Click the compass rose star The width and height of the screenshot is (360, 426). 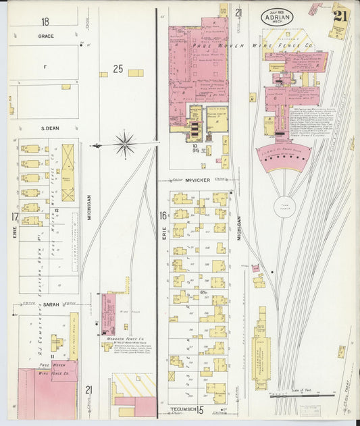pyautogui.click(x=125, y=144)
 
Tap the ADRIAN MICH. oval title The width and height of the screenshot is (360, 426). pyautogui.click(x=278, y=17)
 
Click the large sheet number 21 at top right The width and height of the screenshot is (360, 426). pyautogui.click(x=340, y=16)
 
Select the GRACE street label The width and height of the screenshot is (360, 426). pyautogui.click(x=46, y=36)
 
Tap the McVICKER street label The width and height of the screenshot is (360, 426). pyautogui.click(x=197, y=181)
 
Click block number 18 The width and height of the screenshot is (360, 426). pyautogui.click(x=45, y=22)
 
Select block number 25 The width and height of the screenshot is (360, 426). pyautogui.click(x=118, y=68)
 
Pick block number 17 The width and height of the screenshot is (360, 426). pyautogui.click(x=14, y=217)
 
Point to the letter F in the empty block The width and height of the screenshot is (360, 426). pyautogui.click(x=45, y=67)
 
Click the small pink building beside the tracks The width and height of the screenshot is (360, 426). pyautogui.click(x=257, y=277)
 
